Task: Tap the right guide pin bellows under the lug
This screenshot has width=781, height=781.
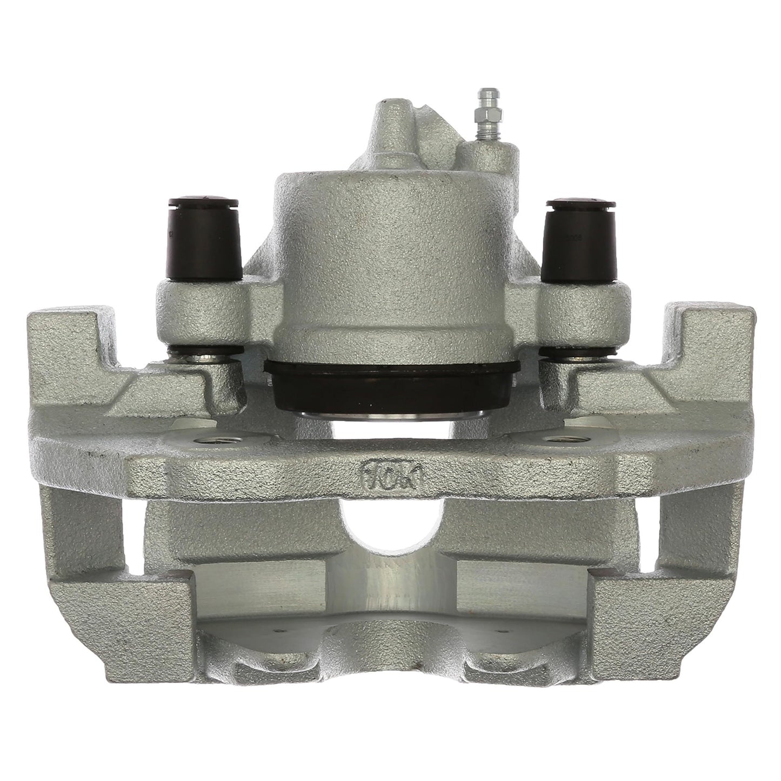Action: [573, 357]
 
